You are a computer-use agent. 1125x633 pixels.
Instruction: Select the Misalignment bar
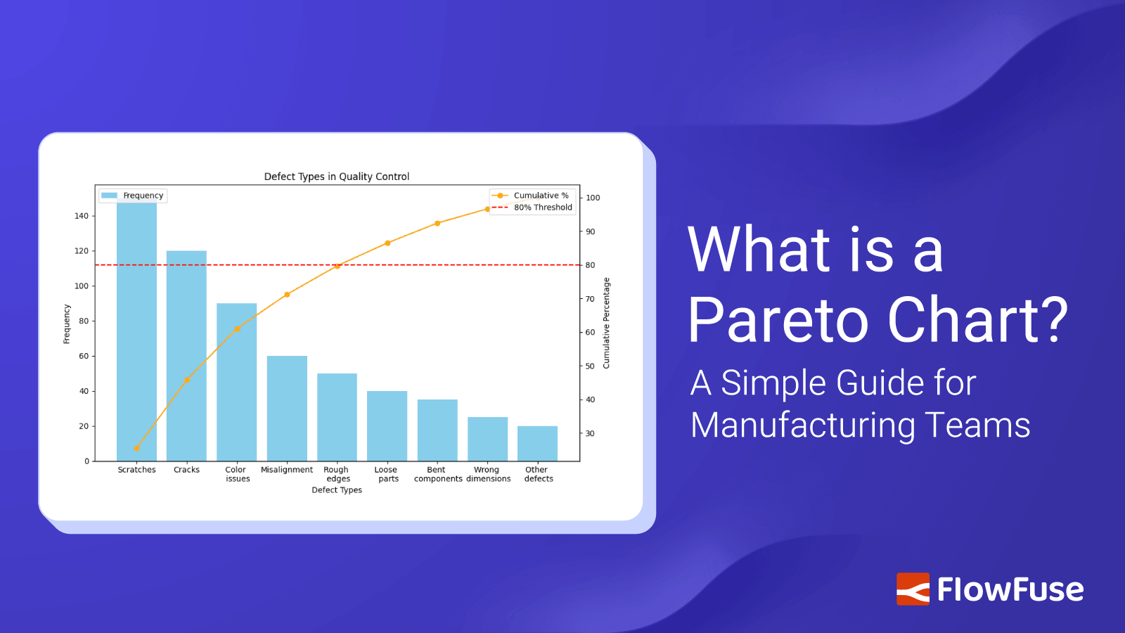tap(287, 408)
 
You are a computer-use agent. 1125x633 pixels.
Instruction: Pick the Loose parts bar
tap(387, 426)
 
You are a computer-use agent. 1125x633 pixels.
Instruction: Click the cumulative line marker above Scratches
tap(136, 449)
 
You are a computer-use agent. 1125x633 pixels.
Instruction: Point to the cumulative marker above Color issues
tap(237, 328)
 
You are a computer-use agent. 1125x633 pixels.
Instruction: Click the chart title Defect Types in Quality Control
tap(336, 177)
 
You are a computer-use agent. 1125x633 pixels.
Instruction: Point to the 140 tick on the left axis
tap(82, 216)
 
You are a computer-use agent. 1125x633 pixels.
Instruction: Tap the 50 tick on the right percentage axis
tap(590, 366)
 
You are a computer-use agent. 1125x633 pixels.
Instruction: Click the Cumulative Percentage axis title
tap(607, 323)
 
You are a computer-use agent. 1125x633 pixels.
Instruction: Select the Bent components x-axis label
tap(437, 474)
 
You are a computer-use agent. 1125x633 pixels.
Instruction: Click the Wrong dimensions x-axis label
tap(488, 474)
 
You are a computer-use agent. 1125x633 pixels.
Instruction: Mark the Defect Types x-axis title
tap(337, 490)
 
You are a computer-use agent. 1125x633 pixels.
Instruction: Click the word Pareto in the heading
tap(778, 320)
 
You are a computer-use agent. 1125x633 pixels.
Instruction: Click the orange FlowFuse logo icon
tap(912, 589)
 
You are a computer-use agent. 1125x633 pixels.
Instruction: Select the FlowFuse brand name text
tap(1010, 589)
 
